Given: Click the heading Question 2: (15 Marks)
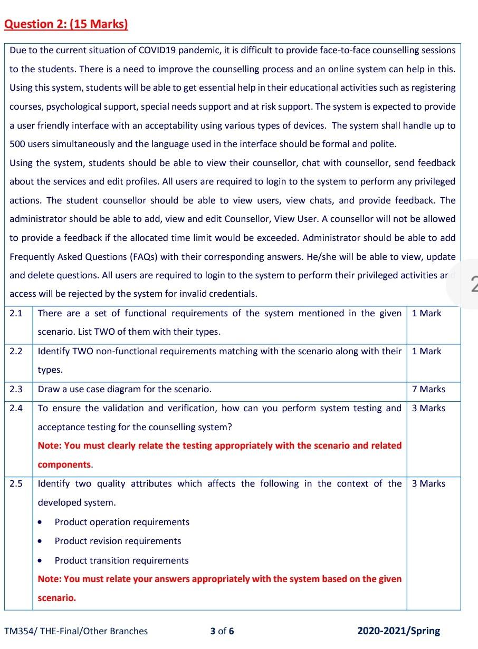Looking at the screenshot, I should click(66, 24).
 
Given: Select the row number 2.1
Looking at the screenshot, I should click(16, 314).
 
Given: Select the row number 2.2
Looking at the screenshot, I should click(16, 352).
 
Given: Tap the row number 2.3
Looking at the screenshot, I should click(16, 390).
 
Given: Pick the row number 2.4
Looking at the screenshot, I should click(16, 409).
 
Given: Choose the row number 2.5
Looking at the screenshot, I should click(16, 484).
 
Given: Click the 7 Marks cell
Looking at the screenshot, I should click(428, 390).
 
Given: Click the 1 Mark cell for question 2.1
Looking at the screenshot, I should click(426, 314).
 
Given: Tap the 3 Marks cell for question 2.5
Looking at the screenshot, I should click(428, 484).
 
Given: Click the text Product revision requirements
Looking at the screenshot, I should click(118, 541).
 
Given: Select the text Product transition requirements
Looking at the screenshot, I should click(121, 561).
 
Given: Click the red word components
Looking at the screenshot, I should click(64, 465).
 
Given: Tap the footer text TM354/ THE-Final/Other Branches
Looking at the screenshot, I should click(76, 631).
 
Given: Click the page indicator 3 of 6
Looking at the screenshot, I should click(222, 631).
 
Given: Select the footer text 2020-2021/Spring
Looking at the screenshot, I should click(398, 631).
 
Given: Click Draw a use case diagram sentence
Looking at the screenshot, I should click(125, 390).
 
